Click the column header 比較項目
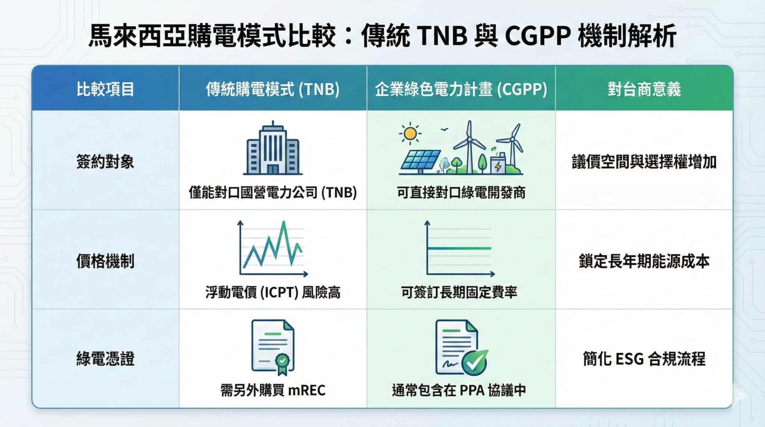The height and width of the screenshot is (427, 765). pos(105,89)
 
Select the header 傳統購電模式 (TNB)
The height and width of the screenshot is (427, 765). pos(273,89)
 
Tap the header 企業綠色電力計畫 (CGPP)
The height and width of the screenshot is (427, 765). pos(461,89)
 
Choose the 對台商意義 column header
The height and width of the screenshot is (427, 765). pos(644,89)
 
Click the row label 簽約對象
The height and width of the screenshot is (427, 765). pos(105,162)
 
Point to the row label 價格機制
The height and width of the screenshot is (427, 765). pos(105,261)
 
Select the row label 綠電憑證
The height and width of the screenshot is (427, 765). pos(105,359)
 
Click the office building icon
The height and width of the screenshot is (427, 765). pos(273,149)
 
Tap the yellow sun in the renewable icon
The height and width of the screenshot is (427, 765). pos(410,133)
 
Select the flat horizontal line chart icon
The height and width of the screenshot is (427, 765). pos(459,248)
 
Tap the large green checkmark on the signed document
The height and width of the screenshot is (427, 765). pos(475,362)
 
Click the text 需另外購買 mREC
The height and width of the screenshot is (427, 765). pos(273,390)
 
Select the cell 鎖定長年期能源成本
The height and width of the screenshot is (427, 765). pos(644,261)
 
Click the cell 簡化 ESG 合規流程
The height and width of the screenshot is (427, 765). pos(644,359)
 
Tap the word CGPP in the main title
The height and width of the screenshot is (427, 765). pos(538,36)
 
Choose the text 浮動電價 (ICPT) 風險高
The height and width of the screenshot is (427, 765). pos(273,292)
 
